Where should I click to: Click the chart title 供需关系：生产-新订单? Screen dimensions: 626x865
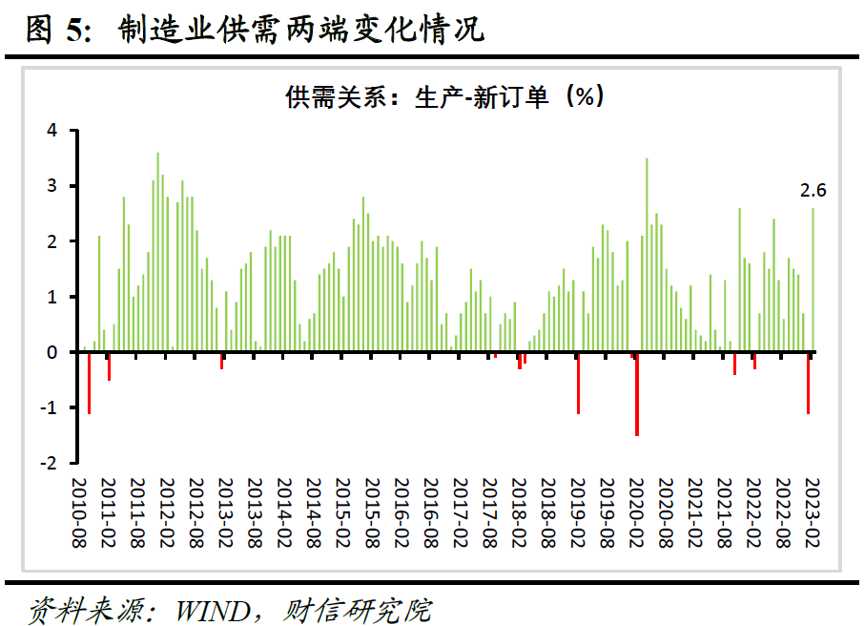443,96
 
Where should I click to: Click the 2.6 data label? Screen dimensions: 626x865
813,191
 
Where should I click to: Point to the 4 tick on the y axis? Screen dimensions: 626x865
53,130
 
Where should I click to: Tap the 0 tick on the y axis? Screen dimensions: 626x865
53,352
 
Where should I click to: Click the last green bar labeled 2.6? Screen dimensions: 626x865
813,280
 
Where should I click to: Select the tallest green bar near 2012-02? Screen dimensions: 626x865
158,252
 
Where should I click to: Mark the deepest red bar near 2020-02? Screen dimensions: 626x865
636,394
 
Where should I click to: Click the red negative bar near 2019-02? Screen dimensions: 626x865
578,383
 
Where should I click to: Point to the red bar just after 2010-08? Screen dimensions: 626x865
90,383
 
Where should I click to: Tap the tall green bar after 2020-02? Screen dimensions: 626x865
647,255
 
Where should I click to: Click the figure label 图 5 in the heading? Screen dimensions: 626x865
53,31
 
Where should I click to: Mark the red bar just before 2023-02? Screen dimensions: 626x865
808,383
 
